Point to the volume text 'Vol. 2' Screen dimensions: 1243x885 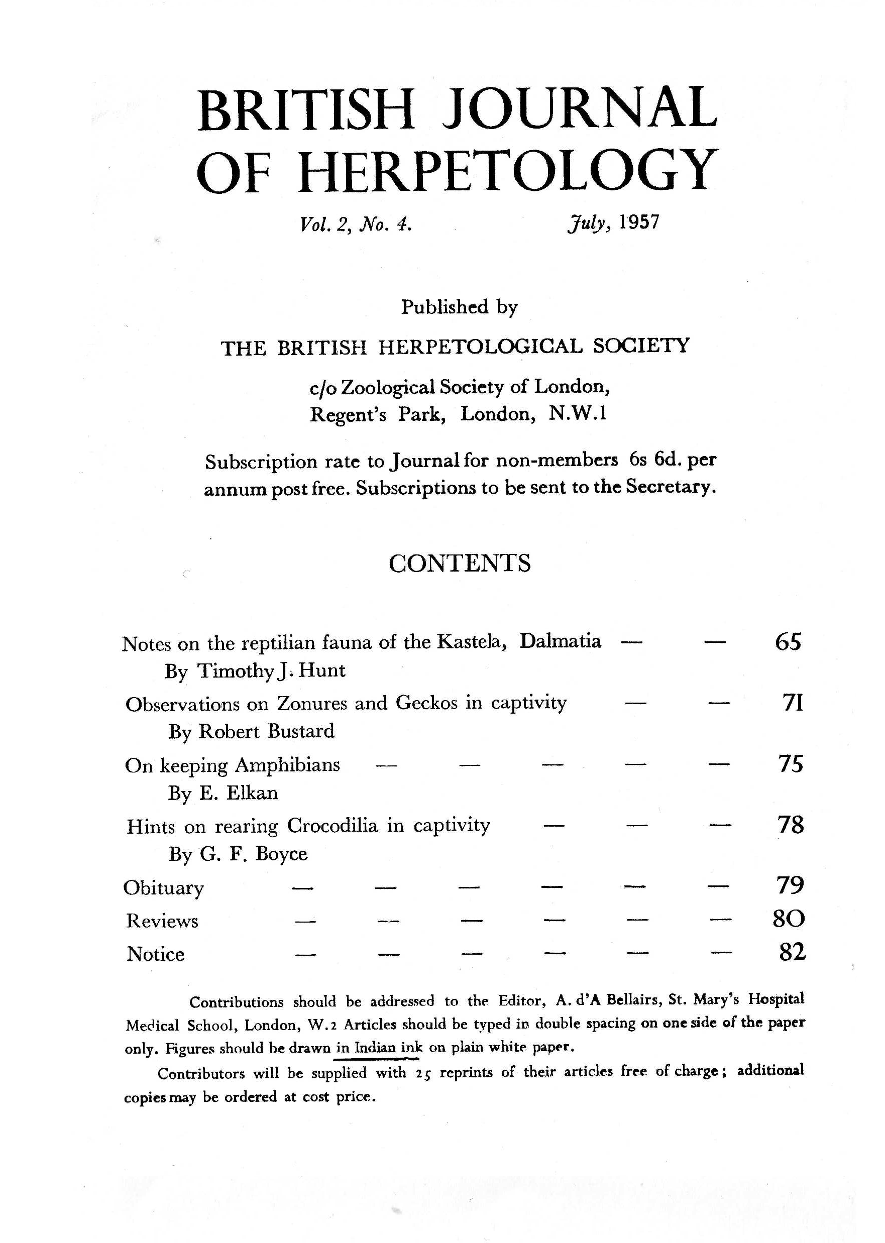coord(322,224)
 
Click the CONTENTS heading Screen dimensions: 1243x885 coord(460,563)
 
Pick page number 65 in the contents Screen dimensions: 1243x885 coord(788,641)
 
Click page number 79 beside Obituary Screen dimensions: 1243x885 coord(790,885)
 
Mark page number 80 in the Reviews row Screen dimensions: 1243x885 coord(789,919)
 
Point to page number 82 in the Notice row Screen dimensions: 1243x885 coord(791,952)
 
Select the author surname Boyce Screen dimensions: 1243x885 coord(281,853)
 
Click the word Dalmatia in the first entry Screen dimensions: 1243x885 coord(560,641)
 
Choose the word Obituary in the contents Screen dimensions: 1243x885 coord(163,888)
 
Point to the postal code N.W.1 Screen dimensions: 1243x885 coord(578,414)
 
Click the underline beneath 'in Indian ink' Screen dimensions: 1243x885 coord(376,1059)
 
